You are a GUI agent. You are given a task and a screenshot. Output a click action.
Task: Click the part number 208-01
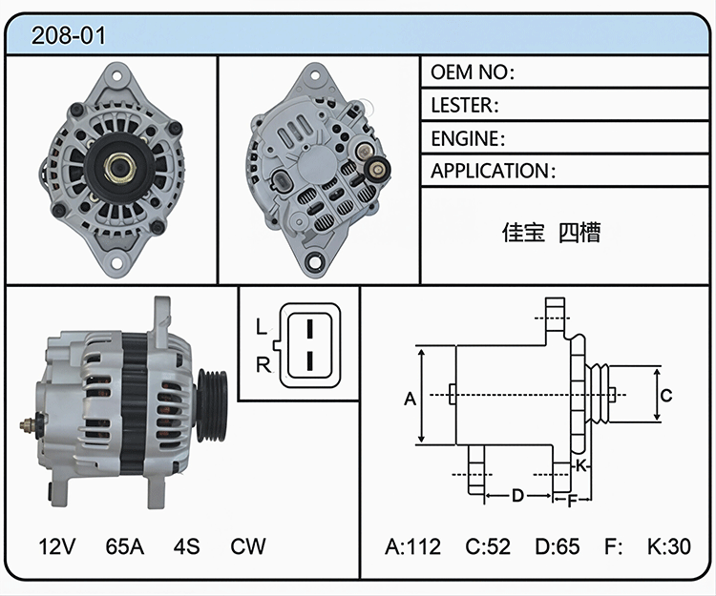point(69,35)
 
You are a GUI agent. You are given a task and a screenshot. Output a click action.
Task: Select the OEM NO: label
point(473,72)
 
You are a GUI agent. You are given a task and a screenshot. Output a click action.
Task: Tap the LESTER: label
point(465,105)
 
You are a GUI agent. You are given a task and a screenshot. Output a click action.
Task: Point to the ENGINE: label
point(468,138)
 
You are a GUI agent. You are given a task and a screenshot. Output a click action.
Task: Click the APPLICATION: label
point(494,171)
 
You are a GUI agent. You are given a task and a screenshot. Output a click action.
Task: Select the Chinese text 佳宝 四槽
point(551,232)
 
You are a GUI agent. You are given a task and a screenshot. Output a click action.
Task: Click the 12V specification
point(57,546)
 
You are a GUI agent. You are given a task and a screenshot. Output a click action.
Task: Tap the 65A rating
point(125,546)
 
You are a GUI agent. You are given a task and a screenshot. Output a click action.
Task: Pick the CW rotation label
point(248,546)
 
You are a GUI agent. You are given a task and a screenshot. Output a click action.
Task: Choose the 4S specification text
point(186,546)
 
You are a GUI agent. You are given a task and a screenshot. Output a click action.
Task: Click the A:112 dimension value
point(412,546)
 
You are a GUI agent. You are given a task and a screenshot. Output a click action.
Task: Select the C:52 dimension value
point(488,546)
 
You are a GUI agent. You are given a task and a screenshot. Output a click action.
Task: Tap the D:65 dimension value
point(558,546)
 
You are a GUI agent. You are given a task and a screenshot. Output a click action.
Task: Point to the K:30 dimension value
point(669,546)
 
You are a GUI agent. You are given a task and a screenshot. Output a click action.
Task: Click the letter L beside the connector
point(262,326)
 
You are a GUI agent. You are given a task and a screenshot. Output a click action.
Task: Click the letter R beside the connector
point(263,365)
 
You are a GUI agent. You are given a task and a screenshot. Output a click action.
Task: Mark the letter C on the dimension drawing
point(666,395)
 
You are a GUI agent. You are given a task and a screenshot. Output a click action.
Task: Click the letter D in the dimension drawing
point(517,495)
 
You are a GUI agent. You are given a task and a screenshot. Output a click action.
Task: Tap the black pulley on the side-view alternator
point(212,406)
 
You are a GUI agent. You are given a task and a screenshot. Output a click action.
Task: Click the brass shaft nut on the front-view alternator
point(119,168)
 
